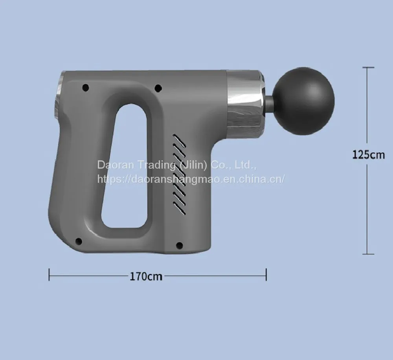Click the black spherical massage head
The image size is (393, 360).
pos(303,101)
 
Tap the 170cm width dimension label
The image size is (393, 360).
pos(146,277)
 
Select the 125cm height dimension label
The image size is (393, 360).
pos(369,155)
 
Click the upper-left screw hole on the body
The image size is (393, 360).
pos(86,88)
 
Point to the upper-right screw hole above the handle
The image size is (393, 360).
pos(158,88)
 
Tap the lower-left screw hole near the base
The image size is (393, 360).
pos(79,241)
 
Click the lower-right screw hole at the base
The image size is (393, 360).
pos(180,245)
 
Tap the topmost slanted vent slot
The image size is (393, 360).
pos(179,141)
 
